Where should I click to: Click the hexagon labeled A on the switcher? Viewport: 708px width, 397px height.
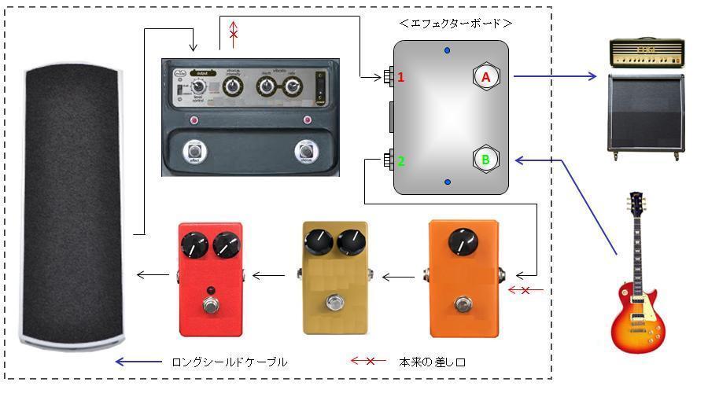coord(486,77)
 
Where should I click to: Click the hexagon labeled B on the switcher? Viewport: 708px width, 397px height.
coord(486,160)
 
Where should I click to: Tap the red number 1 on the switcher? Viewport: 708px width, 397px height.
coord(400,77)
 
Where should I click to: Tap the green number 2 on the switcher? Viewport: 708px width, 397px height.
coord(400,161)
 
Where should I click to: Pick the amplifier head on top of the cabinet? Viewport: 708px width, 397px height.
coord(647,54)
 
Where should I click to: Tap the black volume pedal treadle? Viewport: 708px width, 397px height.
coord(72,204)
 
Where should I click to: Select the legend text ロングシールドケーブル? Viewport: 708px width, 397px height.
coord(229,362)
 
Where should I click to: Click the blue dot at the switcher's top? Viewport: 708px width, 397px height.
coord(448,51)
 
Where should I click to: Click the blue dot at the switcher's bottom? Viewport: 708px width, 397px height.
coord(448,182)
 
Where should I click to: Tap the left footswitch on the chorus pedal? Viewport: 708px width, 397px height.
coord(193,151)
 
